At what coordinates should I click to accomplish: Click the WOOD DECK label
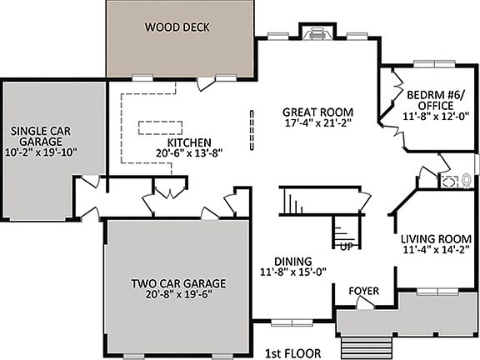point(177,27)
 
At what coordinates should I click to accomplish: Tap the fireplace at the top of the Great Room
point(315,33)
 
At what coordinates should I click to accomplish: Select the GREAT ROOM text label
point(317,112)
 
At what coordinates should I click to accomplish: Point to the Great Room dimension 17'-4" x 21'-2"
point(317,125)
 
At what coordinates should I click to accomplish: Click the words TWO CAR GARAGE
point(177,283)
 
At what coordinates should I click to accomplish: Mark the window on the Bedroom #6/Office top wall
point(433,63)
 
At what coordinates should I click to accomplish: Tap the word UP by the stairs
point(344,247)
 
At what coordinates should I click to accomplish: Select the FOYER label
point(364,292)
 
